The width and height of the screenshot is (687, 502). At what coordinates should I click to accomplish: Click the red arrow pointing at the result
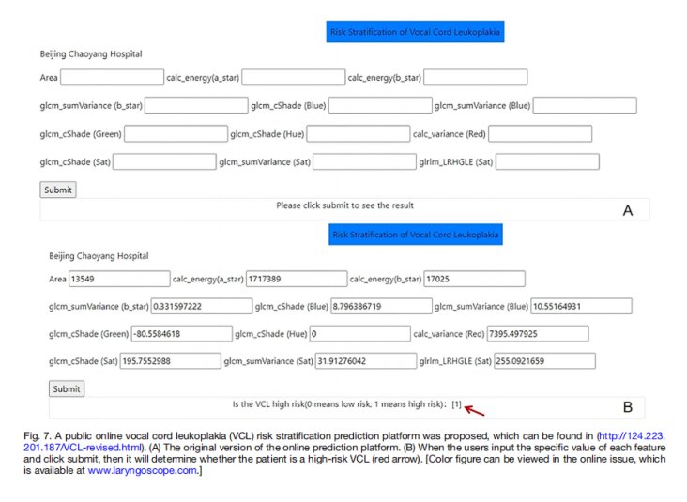coord(475,411)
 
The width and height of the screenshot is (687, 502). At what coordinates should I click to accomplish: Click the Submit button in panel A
coord(58,190)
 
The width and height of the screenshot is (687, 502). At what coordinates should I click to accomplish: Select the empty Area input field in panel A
coord(113,77)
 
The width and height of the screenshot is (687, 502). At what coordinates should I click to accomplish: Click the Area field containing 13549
coord(119,279)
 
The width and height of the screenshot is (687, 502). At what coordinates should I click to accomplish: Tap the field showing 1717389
coord(297,279)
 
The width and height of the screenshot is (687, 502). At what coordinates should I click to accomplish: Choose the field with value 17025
coord(475,279)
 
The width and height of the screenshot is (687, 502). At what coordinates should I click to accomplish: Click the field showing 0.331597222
coord(202,306)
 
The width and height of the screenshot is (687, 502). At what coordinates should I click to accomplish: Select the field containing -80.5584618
coord(182,334)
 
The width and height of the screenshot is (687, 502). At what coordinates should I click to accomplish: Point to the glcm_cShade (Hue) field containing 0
coord(360,334)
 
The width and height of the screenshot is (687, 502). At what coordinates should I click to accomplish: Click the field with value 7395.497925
coord(538,334)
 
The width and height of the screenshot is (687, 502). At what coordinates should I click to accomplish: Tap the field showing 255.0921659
coord(544,361)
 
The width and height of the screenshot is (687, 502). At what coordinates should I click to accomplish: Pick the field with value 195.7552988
coord(171,361)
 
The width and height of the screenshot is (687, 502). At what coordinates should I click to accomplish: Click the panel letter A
coord(628,211)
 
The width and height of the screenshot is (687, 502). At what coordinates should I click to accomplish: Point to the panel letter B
coord(628,407)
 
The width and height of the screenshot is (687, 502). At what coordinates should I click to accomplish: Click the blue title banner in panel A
coord(416,32)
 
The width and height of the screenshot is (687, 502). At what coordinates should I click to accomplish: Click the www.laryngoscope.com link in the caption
coord(143,470)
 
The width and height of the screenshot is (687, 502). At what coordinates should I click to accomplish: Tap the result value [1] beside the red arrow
coord(456,404)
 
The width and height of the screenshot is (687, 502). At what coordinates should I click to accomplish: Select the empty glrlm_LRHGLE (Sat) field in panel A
coord(547,161)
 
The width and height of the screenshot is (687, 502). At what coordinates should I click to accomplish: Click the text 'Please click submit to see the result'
coord(344,205)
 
